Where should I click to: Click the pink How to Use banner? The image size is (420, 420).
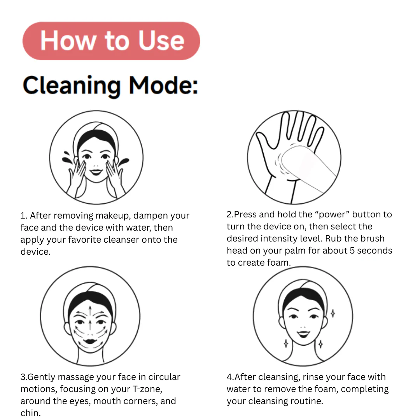pos(111,41)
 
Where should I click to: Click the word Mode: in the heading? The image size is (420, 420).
pos(163,86)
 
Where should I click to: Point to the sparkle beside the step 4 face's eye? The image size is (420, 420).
pos(332,313)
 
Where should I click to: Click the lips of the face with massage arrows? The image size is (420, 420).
pos(90,342)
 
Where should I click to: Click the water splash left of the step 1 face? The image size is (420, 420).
pos(67,158)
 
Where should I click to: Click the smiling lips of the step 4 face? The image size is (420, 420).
pos(303,334)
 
